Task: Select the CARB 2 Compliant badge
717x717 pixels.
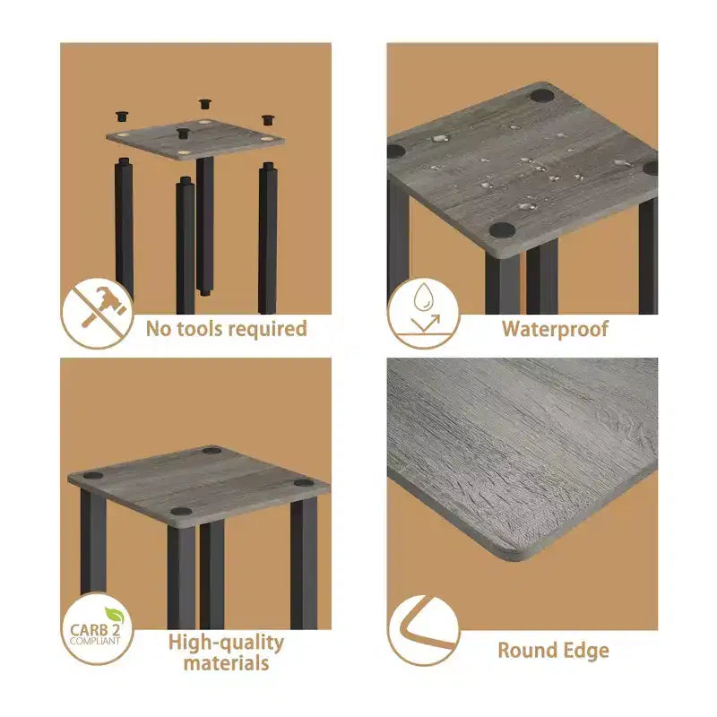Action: click(97, 628)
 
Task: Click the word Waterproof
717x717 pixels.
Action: click(555, 329)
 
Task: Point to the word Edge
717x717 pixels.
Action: click(586, 651)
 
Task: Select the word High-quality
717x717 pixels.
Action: click(226, 643)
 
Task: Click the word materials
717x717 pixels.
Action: click(226, 663)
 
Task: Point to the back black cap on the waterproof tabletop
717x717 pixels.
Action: click(542, 96)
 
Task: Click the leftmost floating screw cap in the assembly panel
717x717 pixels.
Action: click(122, 116)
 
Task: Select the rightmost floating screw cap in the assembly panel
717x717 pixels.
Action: click(268, 120)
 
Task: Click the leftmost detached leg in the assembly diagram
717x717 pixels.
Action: click(124, 228)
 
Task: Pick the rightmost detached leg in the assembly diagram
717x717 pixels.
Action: click(267, 238)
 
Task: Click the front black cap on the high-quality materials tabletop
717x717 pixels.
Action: click(182, 511)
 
